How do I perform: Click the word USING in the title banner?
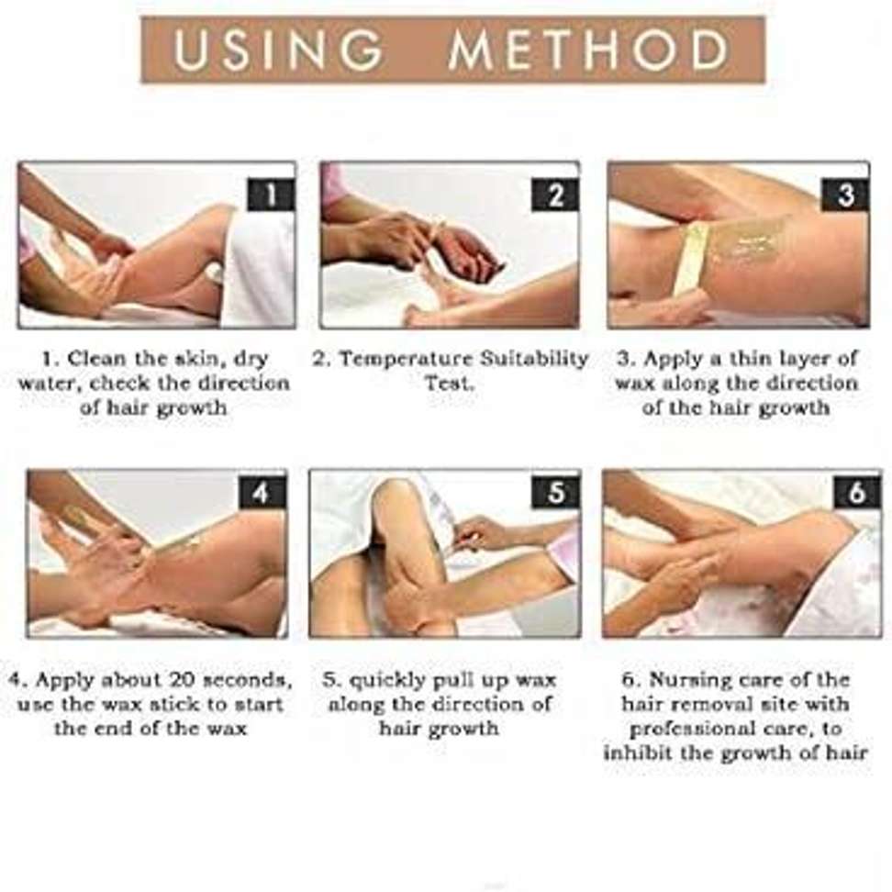tap(277, 50)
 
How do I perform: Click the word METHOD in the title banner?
tap(588, 50)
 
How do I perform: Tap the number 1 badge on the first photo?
tap(272, 195)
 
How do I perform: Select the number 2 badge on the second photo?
tap(555, 195)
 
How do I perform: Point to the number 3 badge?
tap(845, 195)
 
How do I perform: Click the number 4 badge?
tap(262, 492)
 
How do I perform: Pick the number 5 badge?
tap(556, 492)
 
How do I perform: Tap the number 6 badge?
tap(857, 492)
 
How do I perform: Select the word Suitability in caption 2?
tap(534, 360)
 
